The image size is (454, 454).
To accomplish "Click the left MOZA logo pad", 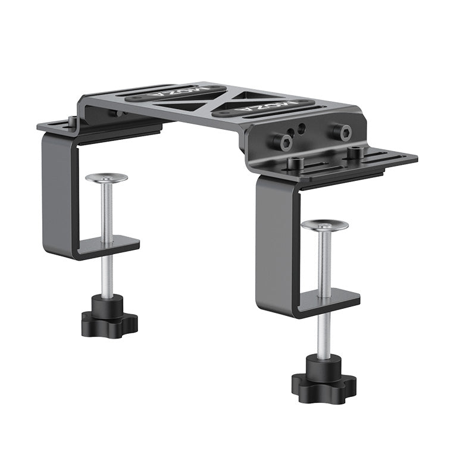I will point(176,92).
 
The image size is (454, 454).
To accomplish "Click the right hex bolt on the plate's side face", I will point(341,132).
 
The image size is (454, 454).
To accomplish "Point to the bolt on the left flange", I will point(72,122).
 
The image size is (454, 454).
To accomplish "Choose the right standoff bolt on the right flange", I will point(355,154).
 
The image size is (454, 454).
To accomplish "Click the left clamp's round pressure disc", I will point(107,178).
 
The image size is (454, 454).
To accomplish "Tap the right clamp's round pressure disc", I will point(324,225).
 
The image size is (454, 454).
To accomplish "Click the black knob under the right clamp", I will point(324,381).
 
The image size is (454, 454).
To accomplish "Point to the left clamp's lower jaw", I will point(110,246).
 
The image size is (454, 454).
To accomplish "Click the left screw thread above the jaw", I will point(107,211).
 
